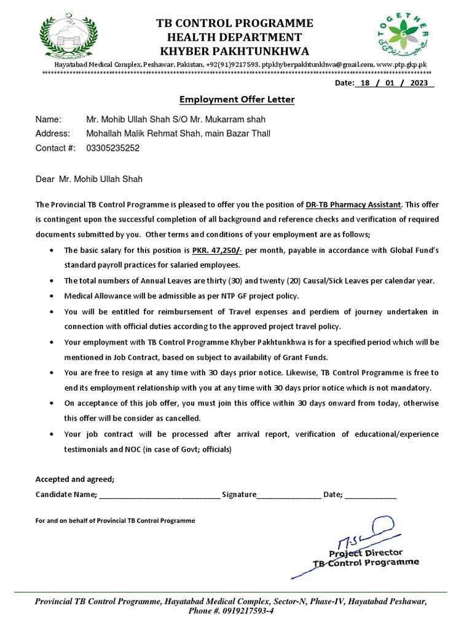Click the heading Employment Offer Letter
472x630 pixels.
[237, 99]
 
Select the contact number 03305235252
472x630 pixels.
[113, 148]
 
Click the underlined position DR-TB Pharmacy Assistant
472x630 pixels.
[353, 204]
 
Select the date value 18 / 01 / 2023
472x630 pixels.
[394, 83]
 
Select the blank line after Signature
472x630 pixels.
[288, 495]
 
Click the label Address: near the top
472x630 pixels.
[53, 134]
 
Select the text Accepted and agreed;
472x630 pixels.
[75, 479]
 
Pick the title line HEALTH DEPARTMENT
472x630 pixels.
[235, 37]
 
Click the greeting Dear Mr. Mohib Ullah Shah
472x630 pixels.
[88, 179]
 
